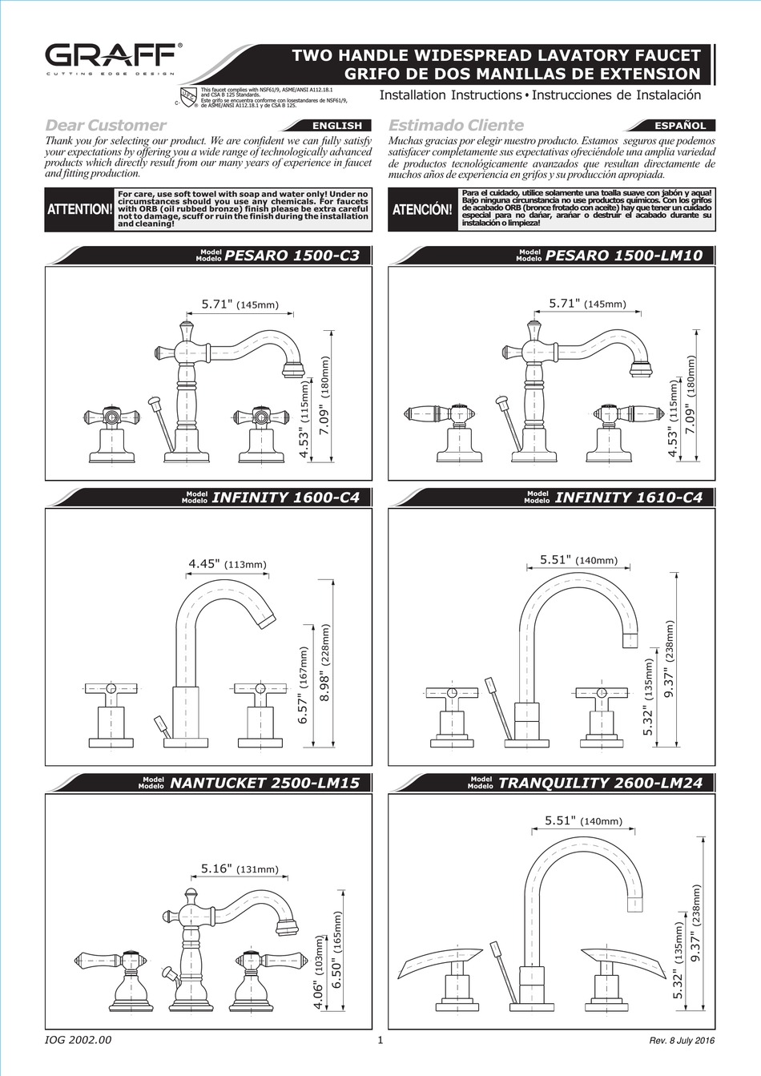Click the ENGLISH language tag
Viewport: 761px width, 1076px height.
point(336,126)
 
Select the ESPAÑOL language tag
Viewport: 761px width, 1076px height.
point(680,126)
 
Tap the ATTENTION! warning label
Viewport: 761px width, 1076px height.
point(80,210)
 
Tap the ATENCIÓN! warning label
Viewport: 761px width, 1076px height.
point(422,210)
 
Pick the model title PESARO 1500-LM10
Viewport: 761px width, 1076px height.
point(623,256)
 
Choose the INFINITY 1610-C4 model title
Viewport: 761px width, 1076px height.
point(628,498)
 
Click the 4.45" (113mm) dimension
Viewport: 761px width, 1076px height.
point(227,565)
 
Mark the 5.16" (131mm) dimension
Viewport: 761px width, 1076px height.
point(239,868)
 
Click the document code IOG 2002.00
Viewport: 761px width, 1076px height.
point(79,1040)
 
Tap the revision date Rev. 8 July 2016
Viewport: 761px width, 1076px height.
point(682,1041)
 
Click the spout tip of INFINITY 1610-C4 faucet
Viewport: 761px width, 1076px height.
point(629,639)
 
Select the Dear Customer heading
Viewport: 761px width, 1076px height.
point(106,125)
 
